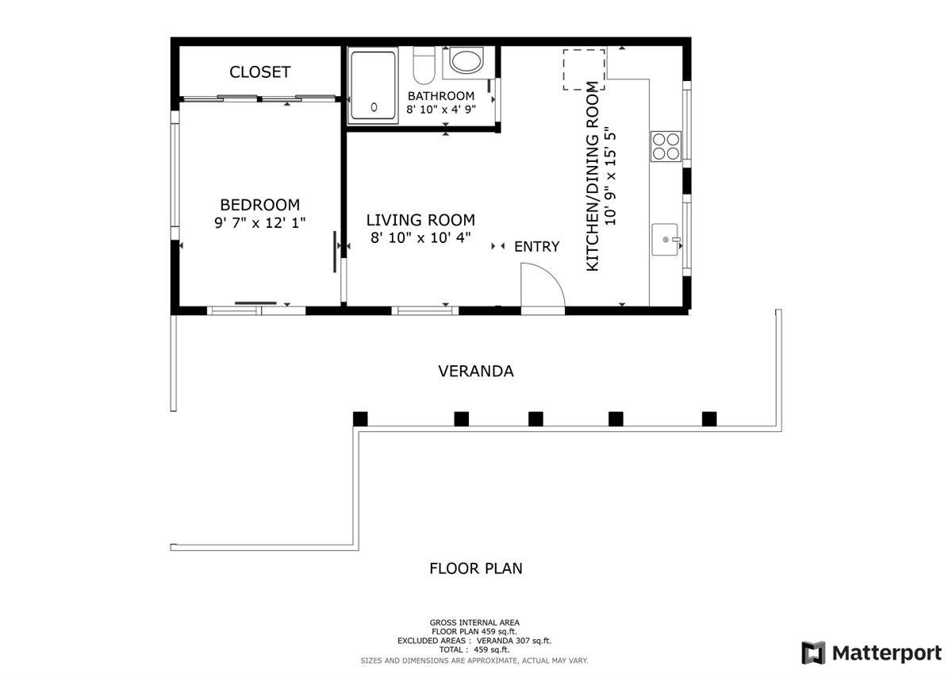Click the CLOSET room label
(x=260, y=72)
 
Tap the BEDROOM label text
(x=259, y=205)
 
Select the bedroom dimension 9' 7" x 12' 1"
(x=259, y=223)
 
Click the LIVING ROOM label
(x=420, y=220)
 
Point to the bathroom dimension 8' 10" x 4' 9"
(x=441, y=110)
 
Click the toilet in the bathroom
(x=424, y=65)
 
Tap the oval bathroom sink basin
(x=466, y=61)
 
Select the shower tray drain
(x=374, y=107)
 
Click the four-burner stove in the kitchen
(x=666, y=146)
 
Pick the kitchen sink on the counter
(x=666, y=240)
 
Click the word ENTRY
(x=537, y=247)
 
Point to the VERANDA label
(x=476, y=372)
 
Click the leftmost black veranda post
(x=360, y=419)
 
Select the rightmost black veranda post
(x=709, y=419)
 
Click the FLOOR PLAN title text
(x=476, y=568)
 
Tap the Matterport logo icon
(x=813, y=653)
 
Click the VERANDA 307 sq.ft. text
(x=514, y=641)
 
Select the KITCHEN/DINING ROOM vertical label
(x=593, y=176)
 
